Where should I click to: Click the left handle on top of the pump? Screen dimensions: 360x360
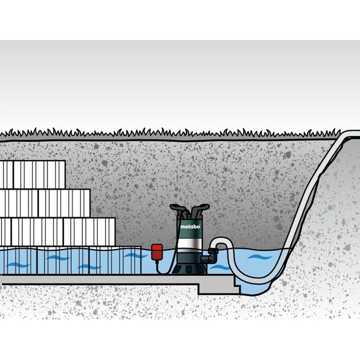pos(179,210)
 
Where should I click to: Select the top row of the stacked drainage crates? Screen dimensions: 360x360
pos(32,174)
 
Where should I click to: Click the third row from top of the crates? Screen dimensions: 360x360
pos(57,231)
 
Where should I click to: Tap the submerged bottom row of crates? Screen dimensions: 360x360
pos(69,260)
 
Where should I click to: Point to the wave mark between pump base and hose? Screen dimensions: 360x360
pos(217,267)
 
